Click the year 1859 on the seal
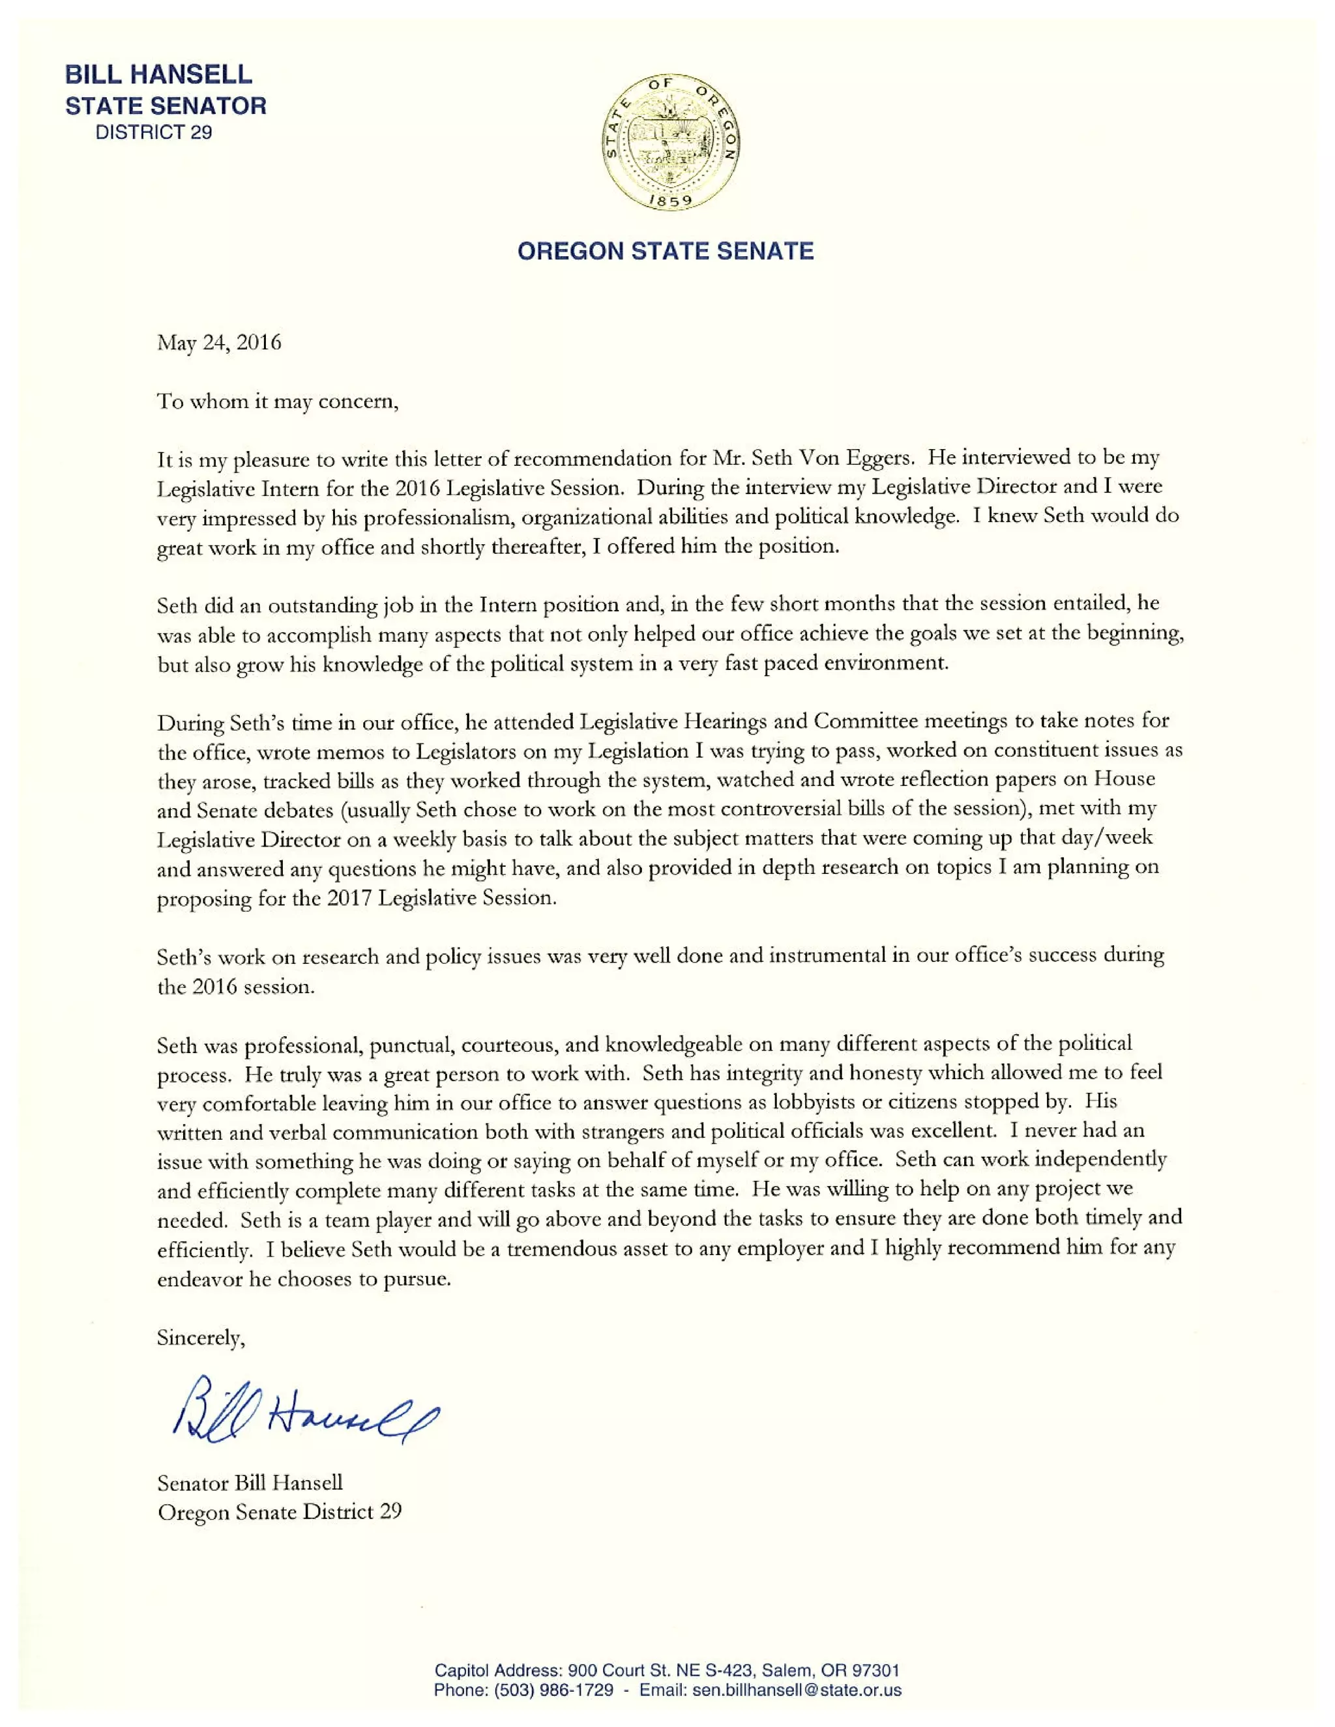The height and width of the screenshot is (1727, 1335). [x=671, y=200]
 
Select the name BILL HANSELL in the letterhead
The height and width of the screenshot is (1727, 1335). [x=158, y=74]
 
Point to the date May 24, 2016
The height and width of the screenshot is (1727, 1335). [x=219, y=342]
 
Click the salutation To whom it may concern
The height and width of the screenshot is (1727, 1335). [x=278, y=401]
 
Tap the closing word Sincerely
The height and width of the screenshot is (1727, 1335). [x=201, y=1337]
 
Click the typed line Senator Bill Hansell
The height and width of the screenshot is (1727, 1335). [x=250, y=1483]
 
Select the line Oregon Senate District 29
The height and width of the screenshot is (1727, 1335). [x=279, y=1512]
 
